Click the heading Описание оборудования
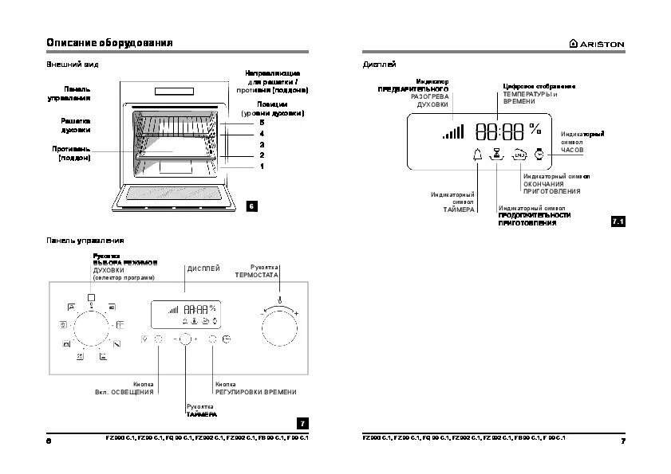point(109,42)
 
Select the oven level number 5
point(261,123)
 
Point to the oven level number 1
point(261,166)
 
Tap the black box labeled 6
point(251,207)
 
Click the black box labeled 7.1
point(618,221)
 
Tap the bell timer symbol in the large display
point(477,155)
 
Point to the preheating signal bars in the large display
point(453,132)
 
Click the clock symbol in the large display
point(539,155)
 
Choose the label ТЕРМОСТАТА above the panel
point(256,274)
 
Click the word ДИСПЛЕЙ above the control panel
point(203,269)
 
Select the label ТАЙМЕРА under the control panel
point(201,415)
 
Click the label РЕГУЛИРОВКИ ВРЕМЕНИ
point(255,392)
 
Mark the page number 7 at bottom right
point(622,441)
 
